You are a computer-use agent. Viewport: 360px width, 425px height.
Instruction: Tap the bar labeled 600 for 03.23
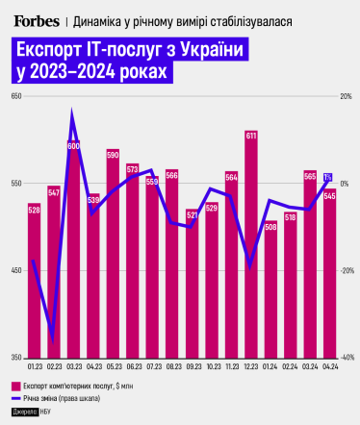(73, 250)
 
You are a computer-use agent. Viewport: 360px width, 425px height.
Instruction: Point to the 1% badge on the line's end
(328, 177)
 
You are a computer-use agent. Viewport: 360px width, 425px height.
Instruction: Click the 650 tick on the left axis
(16, 97)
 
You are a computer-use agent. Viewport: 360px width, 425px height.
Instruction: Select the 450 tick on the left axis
(16, 270)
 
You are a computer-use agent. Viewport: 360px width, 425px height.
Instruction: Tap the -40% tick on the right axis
(345, 357)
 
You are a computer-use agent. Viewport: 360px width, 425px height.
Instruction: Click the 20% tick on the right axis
(345, 97)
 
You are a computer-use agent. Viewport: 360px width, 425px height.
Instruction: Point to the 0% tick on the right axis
(345, 184)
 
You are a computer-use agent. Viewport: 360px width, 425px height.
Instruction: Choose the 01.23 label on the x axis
(34, 365)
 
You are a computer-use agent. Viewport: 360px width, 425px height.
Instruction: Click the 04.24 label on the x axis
(329, 365)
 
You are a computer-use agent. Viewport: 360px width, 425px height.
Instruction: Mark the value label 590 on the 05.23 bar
(113, 155)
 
